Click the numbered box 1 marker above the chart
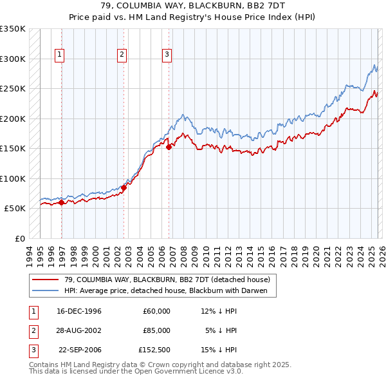pos(59,55)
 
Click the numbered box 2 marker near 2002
pos(122,55)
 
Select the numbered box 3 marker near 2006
pos(167,55)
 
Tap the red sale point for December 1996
pos(61,202)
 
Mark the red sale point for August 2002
pos(124,187)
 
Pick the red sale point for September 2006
pos(169,147)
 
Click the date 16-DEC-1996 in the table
pos(79,311)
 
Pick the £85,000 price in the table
pos(156,330)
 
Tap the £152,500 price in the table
pos(154,350)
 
